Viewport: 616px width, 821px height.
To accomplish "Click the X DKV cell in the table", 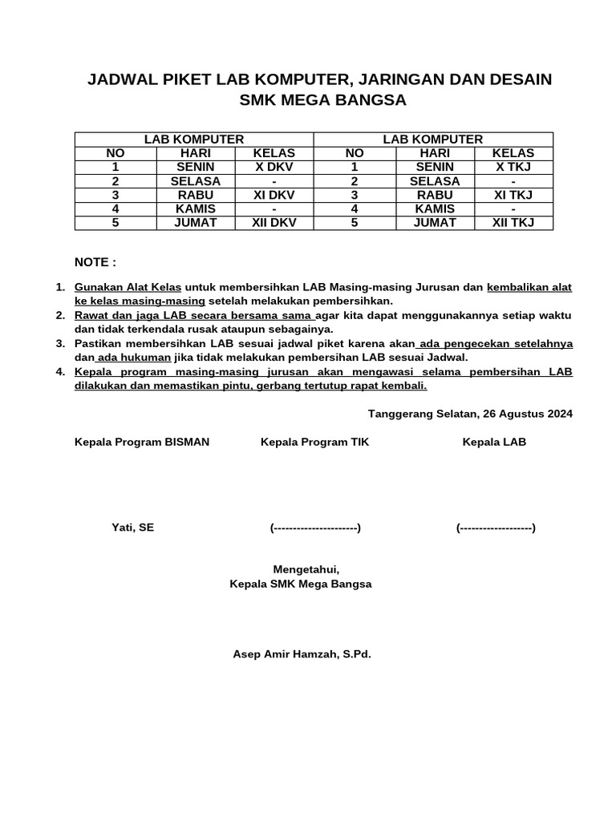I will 274,167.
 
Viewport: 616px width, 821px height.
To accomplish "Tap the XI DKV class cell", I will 274,195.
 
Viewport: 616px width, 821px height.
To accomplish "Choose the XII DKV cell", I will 274,223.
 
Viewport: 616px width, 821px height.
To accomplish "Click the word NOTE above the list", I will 95,262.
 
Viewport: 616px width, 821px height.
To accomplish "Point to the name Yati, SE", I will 132,527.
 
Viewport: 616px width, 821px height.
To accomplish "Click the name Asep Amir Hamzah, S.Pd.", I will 302,654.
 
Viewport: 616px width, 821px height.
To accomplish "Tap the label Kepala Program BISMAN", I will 142,442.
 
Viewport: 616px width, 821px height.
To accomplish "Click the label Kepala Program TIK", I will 315,442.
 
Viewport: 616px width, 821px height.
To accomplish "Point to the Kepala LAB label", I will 494,442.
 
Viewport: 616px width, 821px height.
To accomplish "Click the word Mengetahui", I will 301,568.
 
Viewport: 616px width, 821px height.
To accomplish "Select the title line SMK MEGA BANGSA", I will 323,100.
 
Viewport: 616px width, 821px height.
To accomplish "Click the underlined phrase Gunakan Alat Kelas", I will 128,287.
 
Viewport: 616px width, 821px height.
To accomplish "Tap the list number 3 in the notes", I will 59,343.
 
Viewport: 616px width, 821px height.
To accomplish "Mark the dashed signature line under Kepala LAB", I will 496,528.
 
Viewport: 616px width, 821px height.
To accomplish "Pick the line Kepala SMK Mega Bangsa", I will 301,584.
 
